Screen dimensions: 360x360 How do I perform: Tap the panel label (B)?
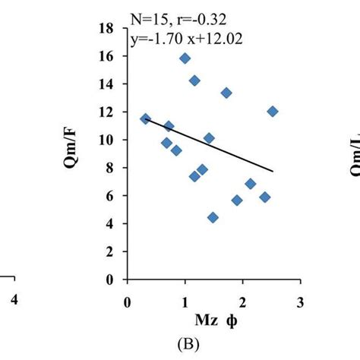pyautogui.click(x=213, y=343)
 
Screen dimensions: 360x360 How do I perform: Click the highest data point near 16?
pyautogui.click(x=185, y=58)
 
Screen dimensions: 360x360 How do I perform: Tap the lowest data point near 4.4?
pyautogui.click(x=213, y=217)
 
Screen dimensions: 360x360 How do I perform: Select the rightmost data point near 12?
pyautogui.click(x=273, y=112)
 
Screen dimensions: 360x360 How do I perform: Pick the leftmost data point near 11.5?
pyautogui.click(x=146, y=118)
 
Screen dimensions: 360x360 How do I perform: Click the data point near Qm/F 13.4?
pyautogui.click(x=226, y=93)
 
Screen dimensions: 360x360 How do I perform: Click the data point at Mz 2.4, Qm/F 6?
pyautogui.click(x=264, y=197)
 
